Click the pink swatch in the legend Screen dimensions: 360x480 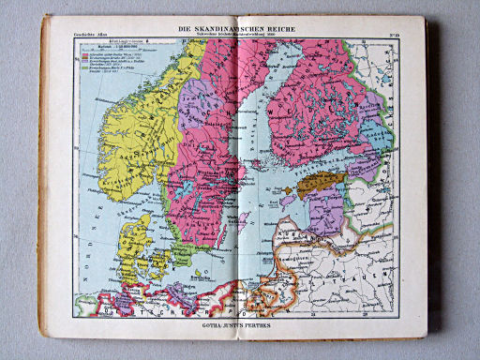click(x=85, y=54)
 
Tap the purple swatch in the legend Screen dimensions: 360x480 click(x=85, y=61)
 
